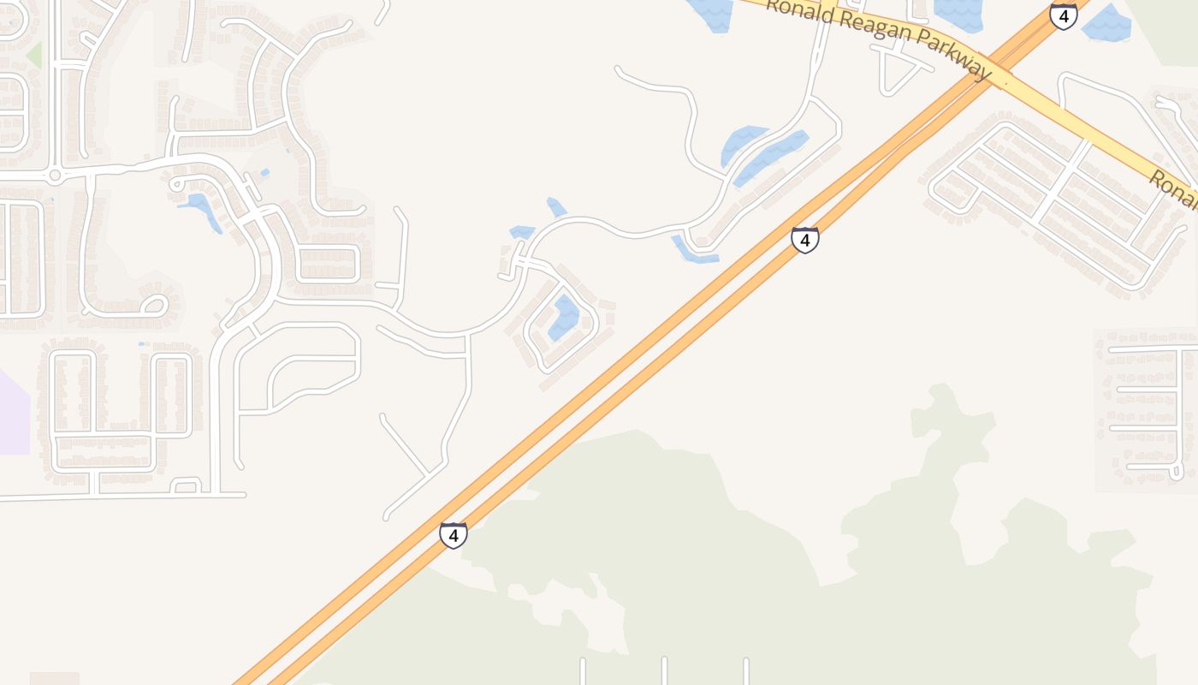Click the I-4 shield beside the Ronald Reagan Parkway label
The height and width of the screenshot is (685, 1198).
pyautogui.click(x=1063, y=15)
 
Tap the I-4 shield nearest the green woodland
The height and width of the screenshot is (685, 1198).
pyautogui.click(x=454, y=535)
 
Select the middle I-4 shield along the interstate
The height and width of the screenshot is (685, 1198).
pyautogui.click(x=804, y=240)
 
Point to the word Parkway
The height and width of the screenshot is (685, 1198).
pyautogui.click(x=951, y=53)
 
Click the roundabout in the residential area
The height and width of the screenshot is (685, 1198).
pyautogui.click(x=56, y=176)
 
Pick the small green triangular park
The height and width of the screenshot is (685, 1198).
pyautogui.click(x=34, y=55)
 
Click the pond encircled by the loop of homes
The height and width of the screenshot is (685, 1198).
pyautogui.click(x=563, y=318)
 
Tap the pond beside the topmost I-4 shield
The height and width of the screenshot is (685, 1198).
pyautogui.click(x=1107, y=24)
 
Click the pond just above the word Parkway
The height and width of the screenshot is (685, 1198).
pyautogui.click(x=958, y=12)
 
